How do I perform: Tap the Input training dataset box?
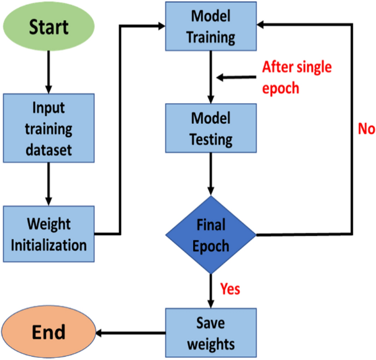pos(48,127)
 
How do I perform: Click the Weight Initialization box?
pos(48,234)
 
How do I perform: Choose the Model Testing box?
pos(211,128)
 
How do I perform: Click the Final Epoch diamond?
pos(211,234)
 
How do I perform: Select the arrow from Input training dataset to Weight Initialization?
pos(48,184)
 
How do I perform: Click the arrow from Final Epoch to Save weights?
pos(211,291)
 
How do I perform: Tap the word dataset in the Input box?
pos(48,149)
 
